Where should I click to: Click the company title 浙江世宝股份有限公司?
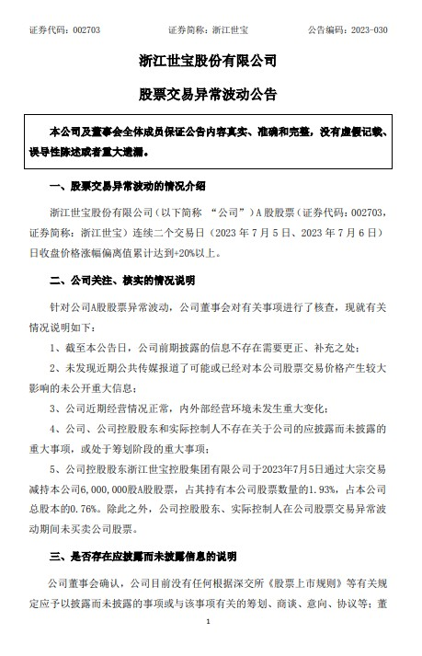pos(211,62)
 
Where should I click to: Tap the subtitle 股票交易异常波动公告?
pos(211,94)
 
